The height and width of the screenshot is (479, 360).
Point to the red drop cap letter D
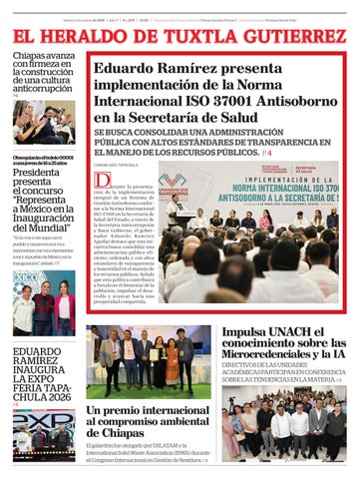pyautogui.click(x=102, y=182)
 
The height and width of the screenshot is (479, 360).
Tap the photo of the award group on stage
pyautogui.click(x=148, y=360)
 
